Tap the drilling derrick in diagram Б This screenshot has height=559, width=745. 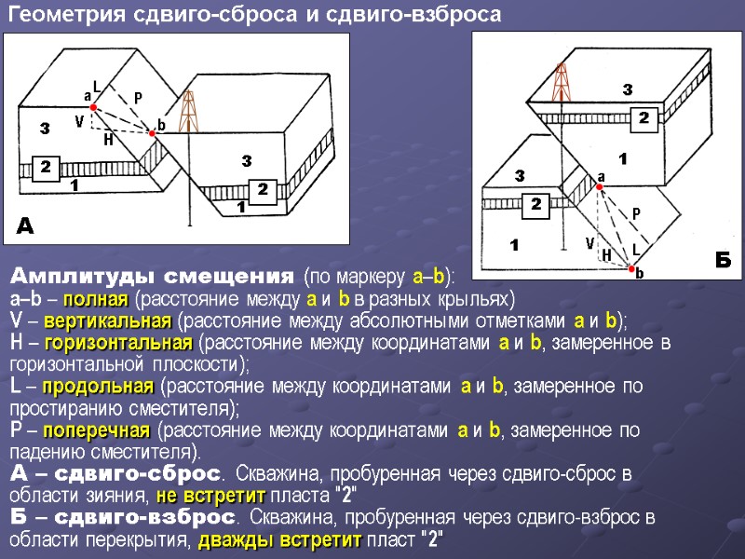pos(561,82)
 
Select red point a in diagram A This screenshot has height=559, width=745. pos(93,107)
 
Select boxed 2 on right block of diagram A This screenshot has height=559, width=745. pos(263,189)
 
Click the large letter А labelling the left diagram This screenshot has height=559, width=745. pos(26,225)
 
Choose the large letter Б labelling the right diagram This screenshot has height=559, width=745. pos(724,259)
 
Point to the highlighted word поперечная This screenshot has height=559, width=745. pos(108,430)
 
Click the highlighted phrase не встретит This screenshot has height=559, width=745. pos(210,495)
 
